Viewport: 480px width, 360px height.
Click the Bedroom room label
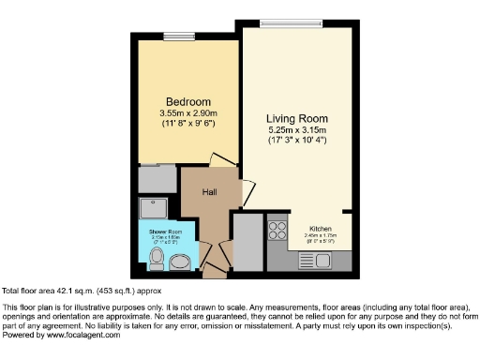tap(188, 101)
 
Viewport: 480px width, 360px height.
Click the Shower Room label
tap(170, 230)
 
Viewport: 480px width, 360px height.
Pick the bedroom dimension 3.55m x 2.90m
tap(188, 113)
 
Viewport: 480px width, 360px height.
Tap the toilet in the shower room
tap(157, 256)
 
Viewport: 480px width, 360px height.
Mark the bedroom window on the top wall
tap(175, 37)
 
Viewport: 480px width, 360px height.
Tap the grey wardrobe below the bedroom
tap(152, 178)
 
